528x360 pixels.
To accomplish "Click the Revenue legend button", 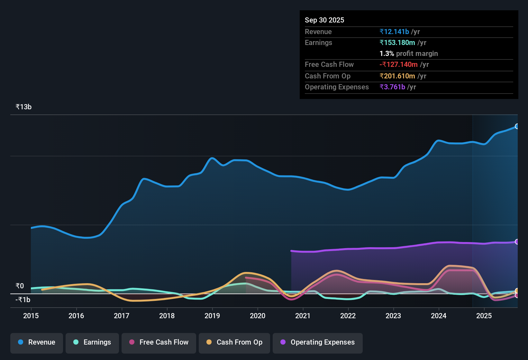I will [x=37, y=342].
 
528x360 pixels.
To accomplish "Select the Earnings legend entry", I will [x=92, y=342].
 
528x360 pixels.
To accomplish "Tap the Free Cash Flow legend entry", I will [x=159, y=342].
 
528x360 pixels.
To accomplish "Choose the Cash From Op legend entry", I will [x=234, y=342].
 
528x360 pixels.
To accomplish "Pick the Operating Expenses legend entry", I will [x=318, y=342].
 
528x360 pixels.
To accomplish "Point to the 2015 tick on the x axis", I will [x=31, y=316].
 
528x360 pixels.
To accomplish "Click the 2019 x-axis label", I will [x=212, y=316].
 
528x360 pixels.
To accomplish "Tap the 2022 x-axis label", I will [x=348, y=316].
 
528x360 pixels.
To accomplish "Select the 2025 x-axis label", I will [x=484, y=316].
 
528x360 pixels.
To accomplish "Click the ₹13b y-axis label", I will [x=23, y=107].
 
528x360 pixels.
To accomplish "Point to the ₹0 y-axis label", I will [x=20, y=286].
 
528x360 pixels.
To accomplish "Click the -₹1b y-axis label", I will [x=23, y=300].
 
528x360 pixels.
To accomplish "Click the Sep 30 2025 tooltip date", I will [x=324, y=20].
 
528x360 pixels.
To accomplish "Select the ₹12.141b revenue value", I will [x=394, y=32].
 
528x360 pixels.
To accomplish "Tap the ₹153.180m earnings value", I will [x=397, y=42].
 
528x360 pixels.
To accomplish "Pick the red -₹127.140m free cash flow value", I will [x=398, y=64].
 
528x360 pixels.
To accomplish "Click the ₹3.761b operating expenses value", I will [x=392, y=87].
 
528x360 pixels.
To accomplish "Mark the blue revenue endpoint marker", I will [x=517, y=126].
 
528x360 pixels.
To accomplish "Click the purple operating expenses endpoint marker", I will [x=517, y=242].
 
